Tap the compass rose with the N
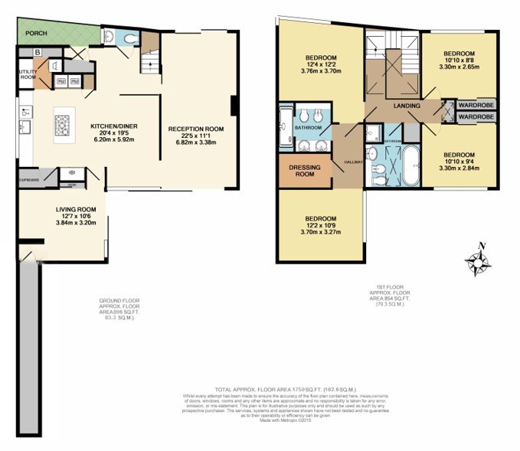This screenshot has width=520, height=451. pos(479,263)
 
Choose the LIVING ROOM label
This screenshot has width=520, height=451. pos(75,208)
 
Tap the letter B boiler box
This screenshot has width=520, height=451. pos(37,52)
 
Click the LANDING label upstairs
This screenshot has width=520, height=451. pos(404,106)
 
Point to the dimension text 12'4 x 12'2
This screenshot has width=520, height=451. pos(321,66)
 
